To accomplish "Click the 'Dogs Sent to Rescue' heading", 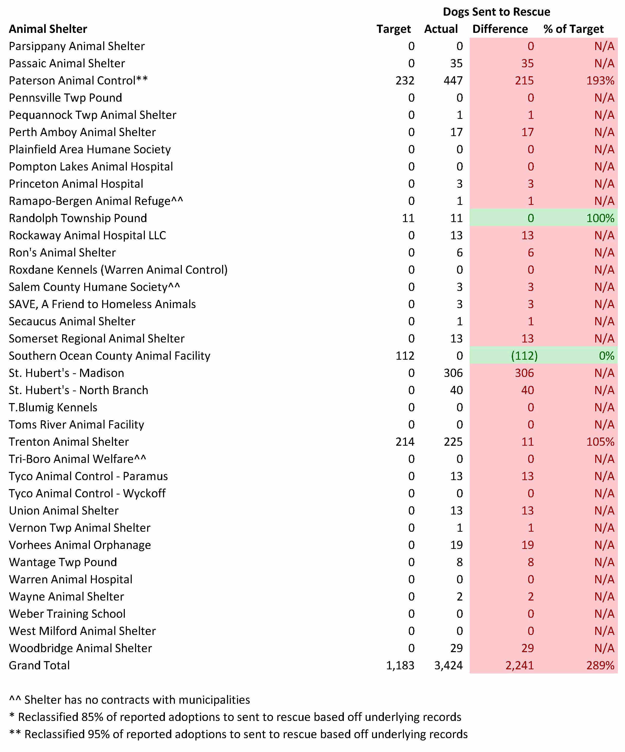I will pos(496,12).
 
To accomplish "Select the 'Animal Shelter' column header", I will pos(48,29).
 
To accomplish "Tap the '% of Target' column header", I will pos(573,29).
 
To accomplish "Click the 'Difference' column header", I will pos(500,29).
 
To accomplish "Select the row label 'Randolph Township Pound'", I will pos(78,218).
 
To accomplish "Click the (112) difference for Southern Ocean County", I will pos(524,356).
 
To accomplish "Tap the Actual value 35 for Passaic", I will pos(456,63).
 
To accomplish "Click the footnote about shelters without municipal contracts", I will pos(130,699).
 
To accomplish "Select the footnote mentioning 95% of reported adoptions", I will pos(238,734).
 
